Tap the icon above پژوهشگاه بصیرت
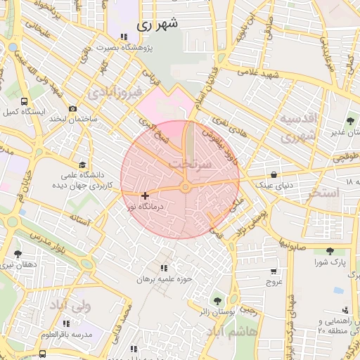124,37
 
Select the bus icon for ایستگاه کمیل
25,101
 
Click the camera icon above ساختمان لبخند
72,108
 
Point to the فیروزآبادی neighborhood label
116,91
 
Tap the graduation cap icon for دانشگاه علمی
83,162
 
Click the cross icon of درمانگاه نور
145,195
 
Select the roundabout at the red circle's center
186,187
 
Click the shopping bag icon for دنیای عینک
273,175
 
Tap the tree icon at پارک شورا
330,251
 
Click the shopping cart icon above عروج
273,271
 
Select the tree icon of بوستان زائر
217,301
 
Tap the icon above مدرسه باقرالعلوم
67,323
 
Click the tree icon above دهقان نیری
18,254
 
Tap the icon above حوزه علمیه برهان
165,268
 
